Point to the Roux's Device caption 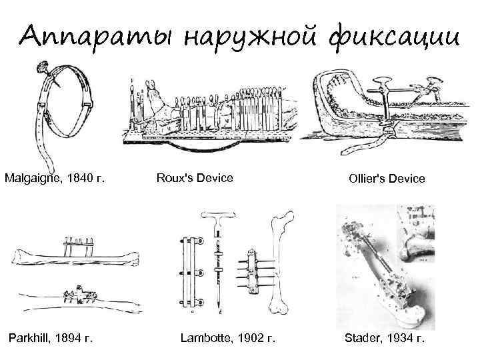pyautogui.click(x=195, y=179)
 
